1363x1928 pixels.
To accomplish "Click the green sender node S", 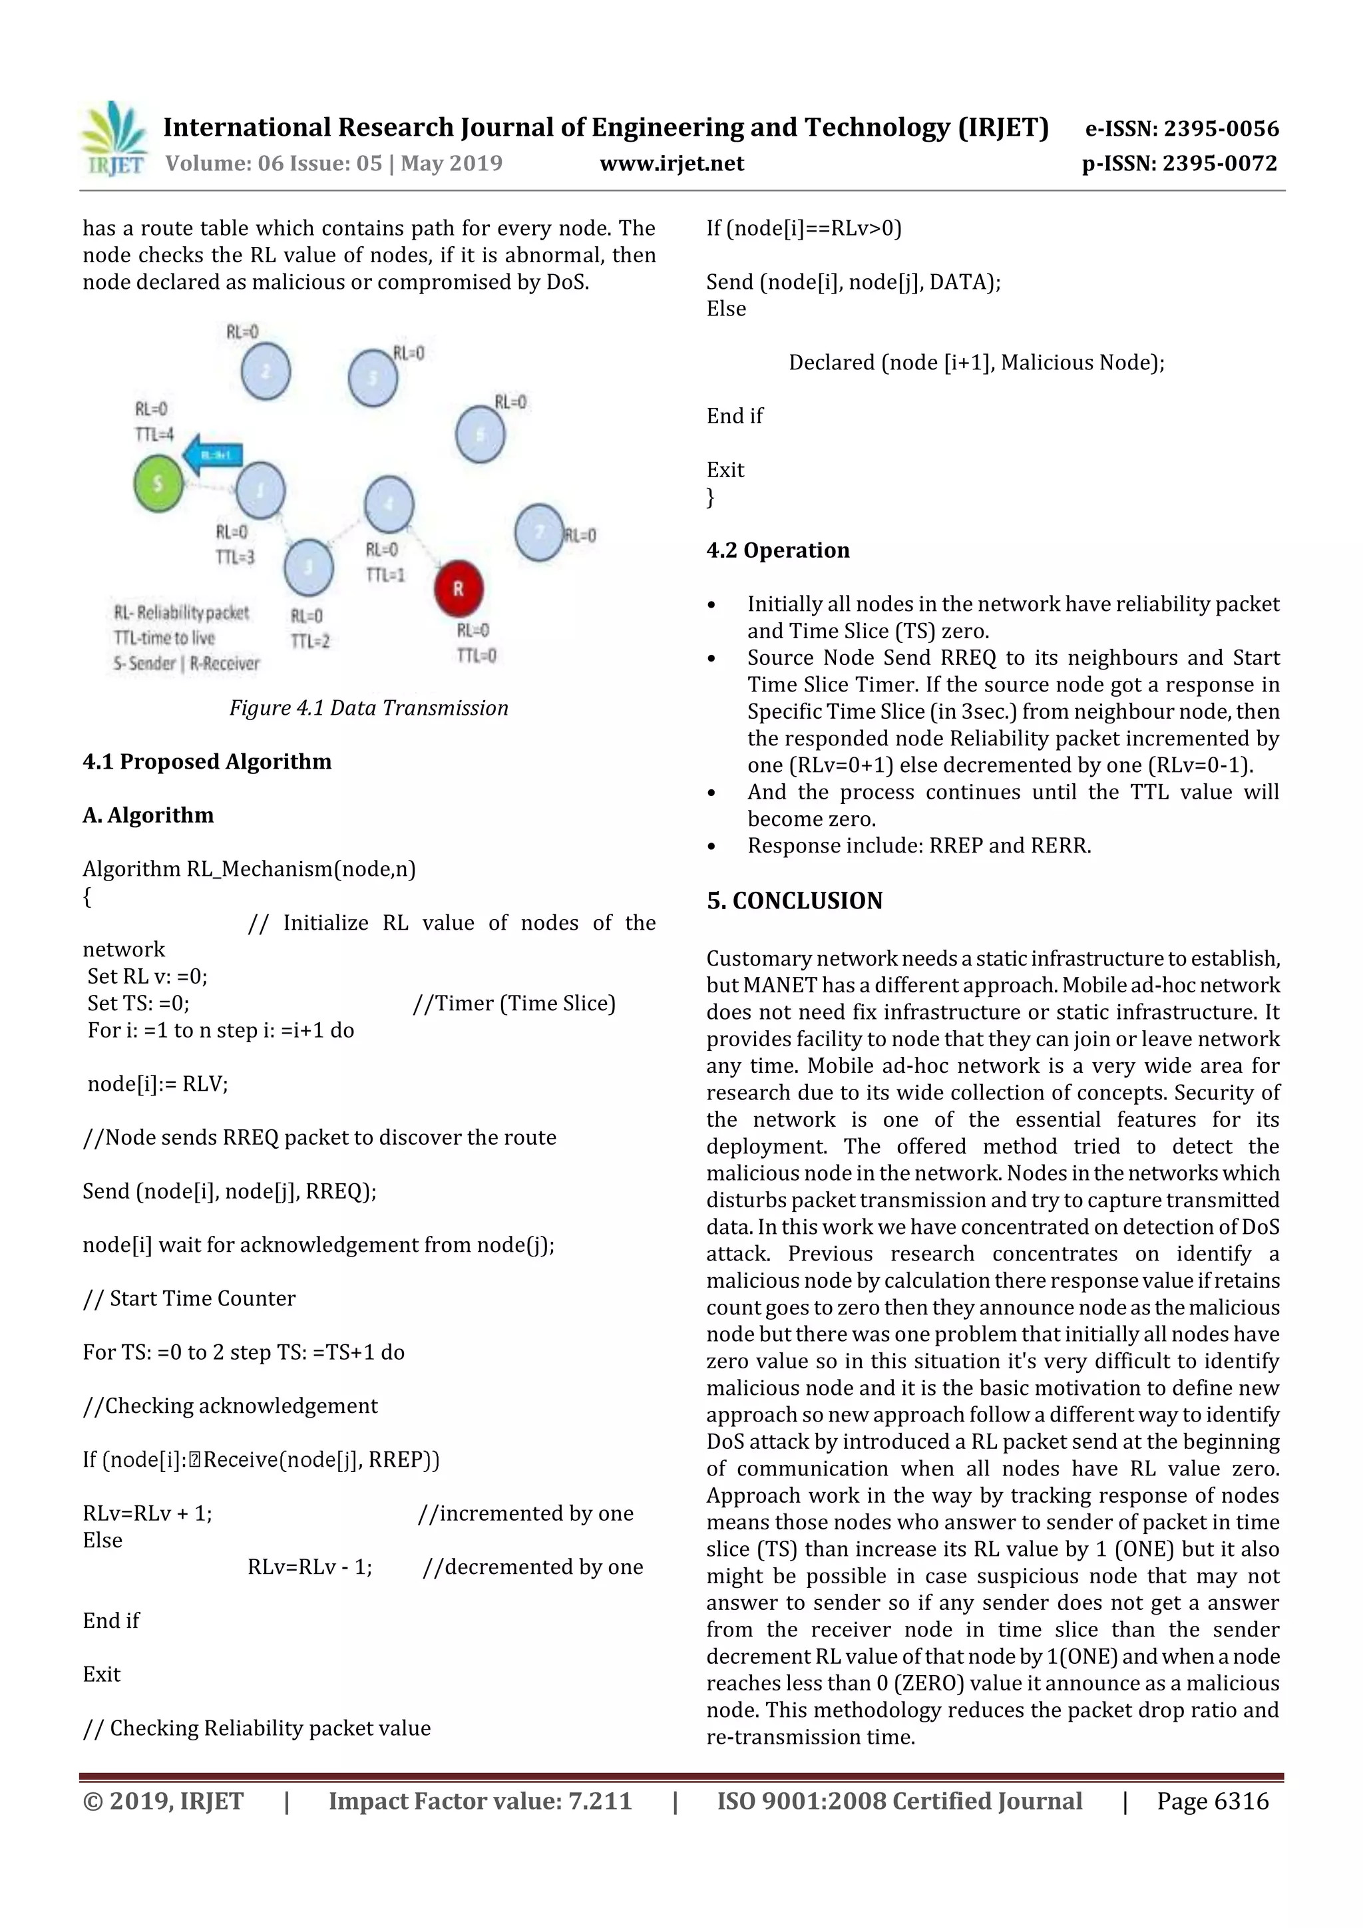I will (x=158, y=483).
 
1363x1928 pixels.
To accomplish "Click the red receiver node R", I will (x=459, y=588).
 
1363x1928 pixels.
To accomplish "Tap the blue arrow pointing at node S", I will (x=212, y=455).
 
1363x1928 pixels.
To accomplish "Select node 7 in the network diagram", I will (x=539, y=532).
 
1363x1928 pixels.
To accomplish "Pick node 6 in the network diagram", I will (x=481, y=434).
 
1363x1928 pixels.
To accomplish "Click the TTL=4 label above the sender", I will (x=154, y=434).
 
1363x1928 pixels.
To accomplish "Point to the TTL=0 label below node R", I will (x=476, y=655).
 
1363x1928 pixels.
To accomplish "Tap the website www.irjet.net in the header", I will (x=671, y=163).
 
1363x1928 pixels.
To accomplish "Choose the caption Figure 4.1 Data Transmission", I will (x=369, y=708).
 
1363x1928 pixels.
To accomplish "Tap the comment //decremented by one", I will (x=532, y=1567).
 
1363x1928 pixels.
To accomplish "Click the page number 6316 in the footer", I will (x=1212, y=1801).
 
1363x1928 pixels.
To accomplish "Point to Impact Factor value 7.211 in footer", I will (x=480, y=1801).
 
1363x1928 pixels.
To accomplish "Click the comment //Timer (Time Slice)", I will (x=514, y=1004).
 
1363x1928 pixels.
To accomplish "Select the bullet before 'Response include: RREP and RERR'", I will (x=711, y=847).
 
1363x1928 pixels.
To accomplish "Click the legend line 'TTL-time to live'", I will (x=164, y=638).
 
